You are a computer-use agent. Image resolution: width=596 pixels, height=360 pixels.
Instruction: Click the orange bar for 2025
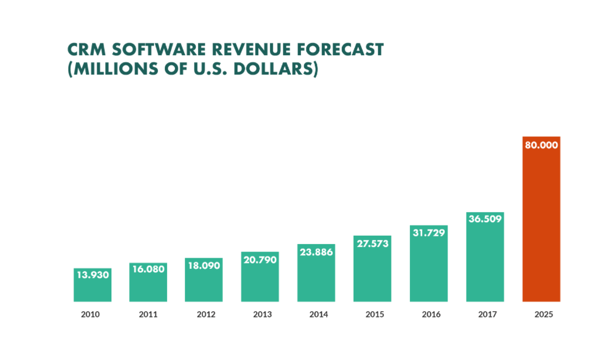tap(541, 225)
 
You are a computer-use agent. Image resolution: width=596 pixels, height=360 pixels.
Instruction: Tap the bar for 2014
tap(316, 278)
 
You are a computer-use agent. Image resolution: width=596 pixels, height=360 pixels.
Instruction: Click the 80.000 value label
tap(541, 145)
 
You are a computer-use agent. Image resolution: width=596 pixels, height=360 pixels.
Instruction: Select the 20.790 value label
tap(260, 260)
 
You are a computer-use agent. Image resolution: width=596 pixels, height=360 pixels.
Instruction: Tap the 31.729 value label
tap(428, 233)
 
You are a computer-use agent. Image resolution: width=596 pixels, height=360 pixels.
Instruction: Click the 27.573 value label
tap(372, 244)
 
